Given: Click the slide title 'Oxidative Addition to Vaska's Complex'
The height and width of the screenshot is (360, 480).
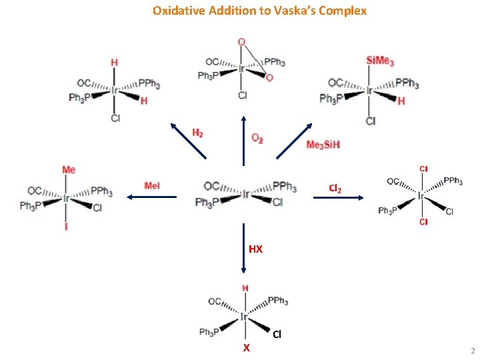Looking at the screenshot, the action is (x=259, y=11).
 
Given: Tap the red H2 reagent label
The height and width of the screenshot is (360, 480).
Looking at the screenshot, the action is (x=197, y=133).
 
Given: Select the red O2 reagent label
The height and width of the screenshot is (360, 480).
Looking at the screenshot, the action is (x=257, y=138).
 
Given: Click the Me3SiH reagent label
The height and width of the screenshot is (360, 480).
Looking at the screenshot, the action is (x=323, y=145).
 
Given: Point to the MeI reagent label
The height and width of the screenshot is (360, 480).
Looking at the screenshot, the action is (x=152, y=185).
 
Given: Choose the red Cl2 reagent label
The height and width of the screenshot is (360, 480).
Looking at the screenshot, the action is (x=335, y=189).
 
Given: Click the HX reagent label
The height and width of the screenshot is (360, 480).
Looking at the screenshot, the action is (x=255, y=249).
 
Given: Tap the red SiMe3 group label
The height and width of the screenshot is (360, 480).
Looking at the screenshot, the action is (x=380, y=61).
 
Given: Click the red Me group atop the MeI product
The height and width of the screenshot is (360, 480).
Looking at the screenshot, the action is (x=69, y=170).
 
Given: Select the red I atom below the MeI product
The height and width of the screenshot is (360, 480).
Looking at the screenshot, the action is (x=66, y=227).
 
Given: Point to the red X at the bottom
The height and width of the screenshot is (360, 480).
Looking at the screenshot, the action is (x=246, y=348).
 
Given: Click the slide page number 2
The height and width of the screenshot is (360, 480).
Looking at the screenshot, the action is (x=472, y=351).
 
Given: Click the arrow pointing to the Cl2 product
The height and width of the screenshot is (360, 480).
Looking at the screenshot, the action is (x=339, y=197).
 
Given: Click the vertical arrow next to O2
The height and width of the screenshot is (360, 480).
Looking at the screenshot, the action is (x=244, y=141).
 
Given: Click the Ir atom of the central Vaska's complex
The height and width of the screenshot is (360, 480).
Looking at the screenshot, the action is (x=245, y=194).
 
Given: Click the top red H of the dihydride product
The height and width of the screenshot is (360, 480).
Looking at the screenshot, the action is (x=114, y=62).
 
